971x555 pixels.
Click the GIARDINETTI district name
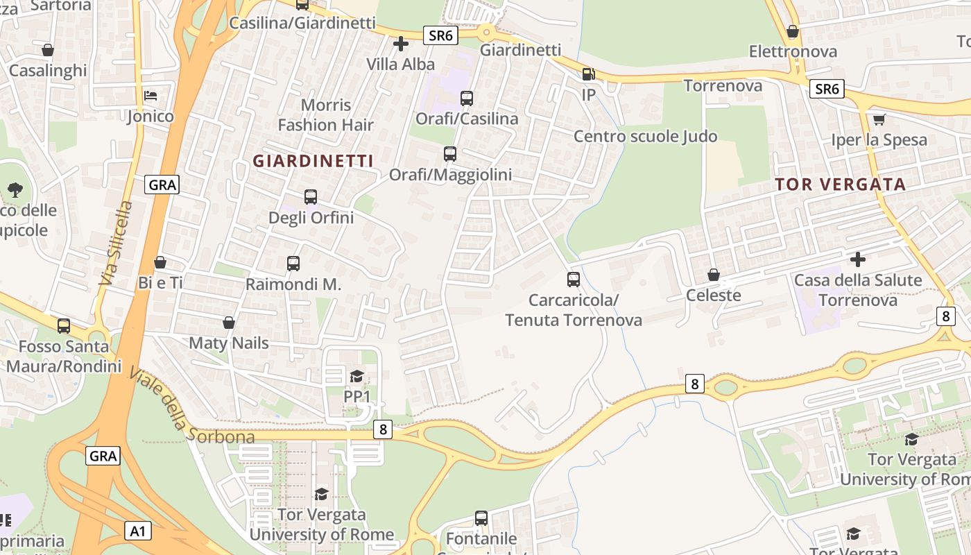tap(313, 161)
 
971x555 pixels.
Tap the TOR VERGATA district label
tap(841, 185)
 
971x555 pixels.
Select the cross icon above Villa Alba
tap(400, 44)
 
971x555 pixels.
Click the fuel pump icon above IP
tap(588, 74)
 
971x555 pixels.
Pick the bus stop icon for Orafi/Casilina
tap(466, 99)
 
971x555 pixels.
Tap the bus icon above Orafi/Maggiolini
tap(450, 154)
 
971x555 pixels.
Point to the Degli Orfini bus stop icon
tap(311, 197)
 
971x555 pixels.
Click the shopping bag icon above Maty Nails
tap(229, 323)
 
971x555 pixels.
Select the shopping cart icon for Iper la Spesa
tap(879, 119)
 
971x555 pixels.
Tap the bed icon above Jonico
tap(151, 95)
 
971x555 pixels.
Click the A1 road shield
tap(138, 531)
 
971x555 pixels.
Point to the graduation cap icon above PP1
tap(356, 376)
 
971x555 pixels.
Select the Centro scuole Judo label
tap(645, 136)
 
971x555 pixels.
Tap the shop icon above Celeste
tap(713, 275)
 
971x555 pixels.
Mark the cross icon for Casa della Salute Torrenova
tap(858, 259)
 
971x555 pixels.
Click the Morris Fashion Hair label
tap(325, 115)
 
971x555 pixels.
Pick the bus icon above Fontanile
tap(481, 518)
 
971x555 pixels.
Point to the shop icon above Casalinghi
tap(48, 50)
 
